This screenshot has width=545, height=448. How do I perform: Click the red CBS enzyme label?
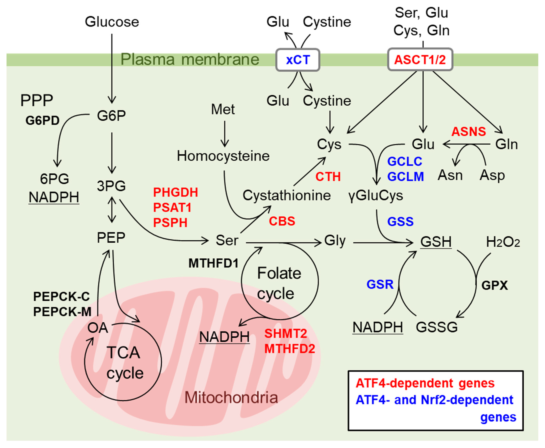pyautogui.click(x=282, y=221)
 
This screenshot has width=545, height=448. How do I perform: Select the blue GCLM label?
pyautogui.click(x=405, y=177)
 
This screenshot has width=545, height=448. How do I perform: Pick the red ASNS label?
pyautogui.click(x=469, y=132)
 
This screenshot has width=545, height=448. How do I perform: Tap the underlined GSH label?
pyautogui.click(x=436, y=242)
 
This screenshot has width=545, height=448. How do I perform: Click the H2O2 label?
pyautogui.click(x=503, y=242)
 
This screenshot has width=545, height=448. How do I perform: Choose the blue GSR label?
pyautogui.click(x=380, y=284)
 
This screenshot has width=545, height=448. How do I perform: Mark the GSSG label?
pyautogui.click(x=436, y=327)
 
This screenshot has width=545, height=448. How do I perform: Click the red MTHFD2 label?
pyautogui.click(x=290, y=349)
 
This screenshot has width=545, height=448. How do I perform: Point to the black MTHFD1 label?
pyautogui.click(x=213, y=263)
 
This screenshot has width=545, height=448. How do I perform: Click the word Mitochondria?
pyautogui.click(x=231, y=397)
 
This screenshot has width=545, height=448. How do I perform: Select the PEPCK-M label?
pyautogui.click(x=62, y=312)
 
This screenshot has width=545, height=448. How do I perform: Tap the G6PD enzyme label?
pyautogui.click(x=42, y=120)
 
